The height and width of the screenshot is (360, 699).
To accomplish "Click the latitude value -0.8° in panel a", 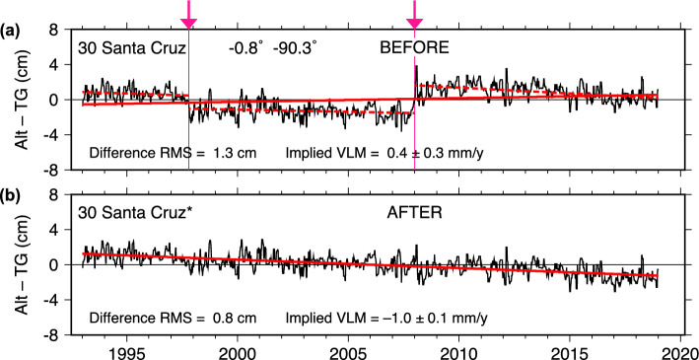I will coord(245,47).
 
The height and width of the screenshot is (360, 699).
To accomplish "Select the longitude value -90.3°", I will coord(293,47).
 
